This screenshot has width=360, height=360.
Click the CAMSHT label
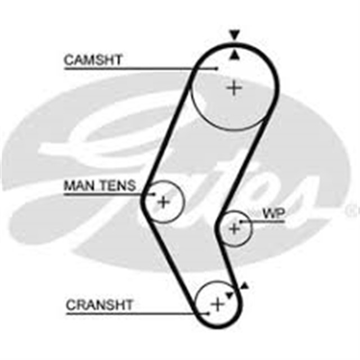click(93, 60)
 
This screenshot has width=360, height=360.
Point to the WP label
click(273, 213)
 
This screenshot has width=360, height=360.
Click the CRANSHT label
click(100, 305)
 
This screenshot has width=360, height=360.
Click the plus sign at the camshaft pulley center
click(234, 88)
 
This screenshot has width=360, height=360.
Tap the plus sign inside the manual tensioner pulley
click(163, 201)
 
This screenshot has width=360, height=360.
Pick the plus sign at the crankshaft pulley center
click(217, 304)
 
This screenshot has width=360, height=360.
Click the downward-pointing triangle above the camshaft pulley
click(234, 35)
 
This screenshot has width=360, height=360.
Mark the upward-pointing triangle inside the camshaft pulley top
click(234, 55)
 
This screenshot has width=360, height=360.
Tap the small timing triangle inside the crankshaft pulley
click(229, 294)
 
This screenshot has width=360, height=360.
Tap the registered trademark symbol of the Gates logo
click(353, 210)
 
